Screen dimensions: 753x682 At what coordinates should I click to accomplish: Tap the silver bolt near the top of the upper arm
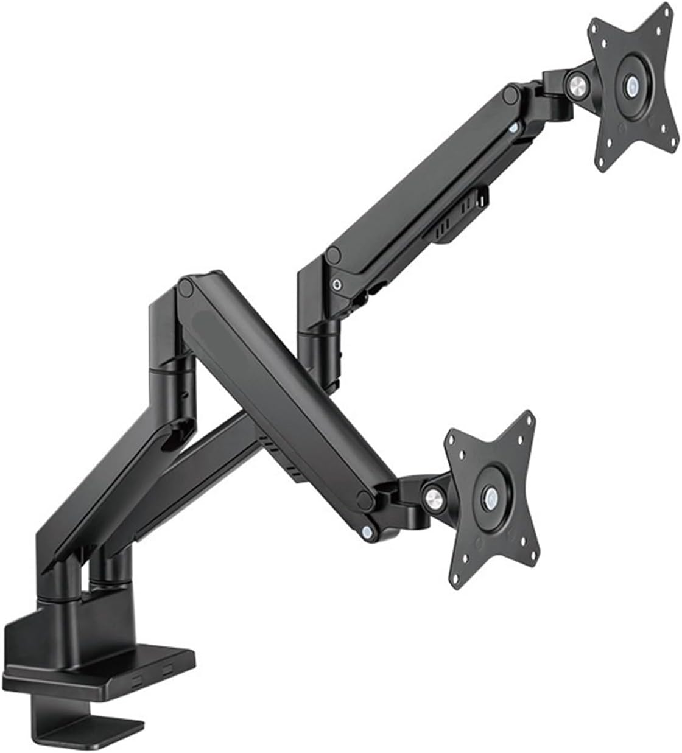click(x=515, y=128)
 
